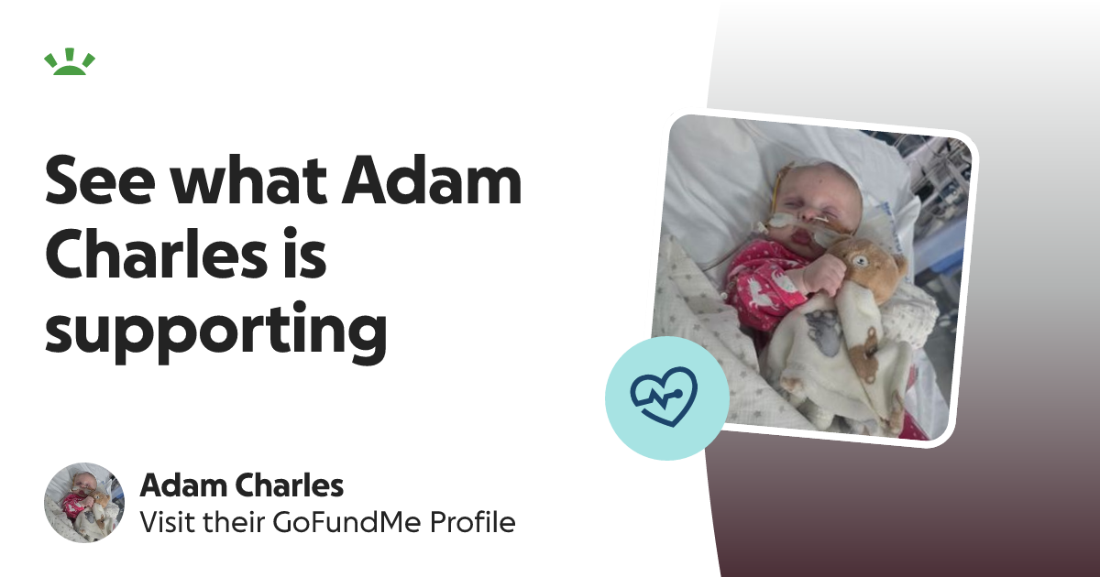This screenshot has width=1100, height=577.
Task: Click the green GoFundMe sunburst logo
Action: (x=70, y=62)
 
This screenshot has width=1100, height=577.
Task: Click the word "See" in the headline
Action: (x=100, y=180)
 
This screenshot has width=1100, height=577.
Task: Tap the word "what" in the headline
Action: (x=248, y=179)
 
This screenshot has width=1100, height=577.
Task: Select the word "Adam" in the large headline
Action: (x=432, y=179)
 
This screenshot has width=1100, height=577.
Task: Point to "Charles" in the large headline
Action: (x=156, y=252)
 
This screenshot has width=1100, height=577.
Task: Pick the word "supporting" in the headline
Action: (x=216, y=333)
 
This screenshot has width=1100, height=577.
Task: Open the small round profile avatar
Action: (x=84, y=503)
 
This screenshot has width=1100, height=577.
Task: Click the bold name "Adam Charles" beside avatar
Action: (x=242, y=485)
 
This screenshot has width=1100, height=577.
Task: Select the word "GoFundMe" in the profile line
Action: (x=346, y=522)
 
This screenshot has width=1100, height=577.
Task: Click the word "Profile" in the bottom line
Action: (x=472, y=521)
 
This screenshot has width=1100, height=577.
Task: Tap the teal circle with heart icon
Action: (x=667, y=397)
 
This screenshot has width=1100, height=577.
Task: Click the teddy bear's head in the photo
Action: (x=869, y=268)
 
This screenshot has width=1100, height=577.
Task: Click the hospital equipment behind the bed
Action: (x=933, y=206)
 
